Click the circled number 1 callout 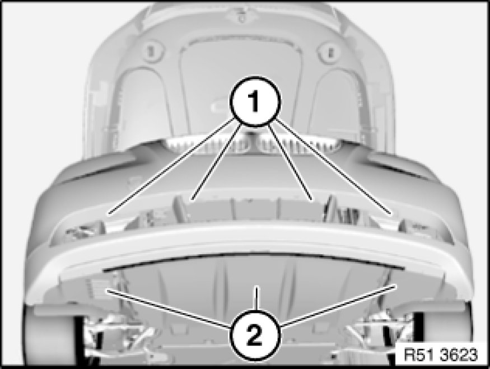(255, 101)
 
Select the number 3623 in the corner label (459, 354)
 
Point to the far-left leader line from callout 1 (171, 166)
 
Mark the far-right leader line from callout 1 (334, 166)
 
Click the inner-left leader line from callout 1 (217, 161)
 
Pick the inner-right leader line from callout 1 (290, 161)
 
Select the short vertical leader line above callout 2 (256, 298)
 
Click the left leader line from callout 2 (169, 309)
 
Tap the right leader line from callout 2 (339, 306)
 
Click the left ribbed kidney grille (208, 145)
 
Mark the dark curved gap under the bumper (254, 260)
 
